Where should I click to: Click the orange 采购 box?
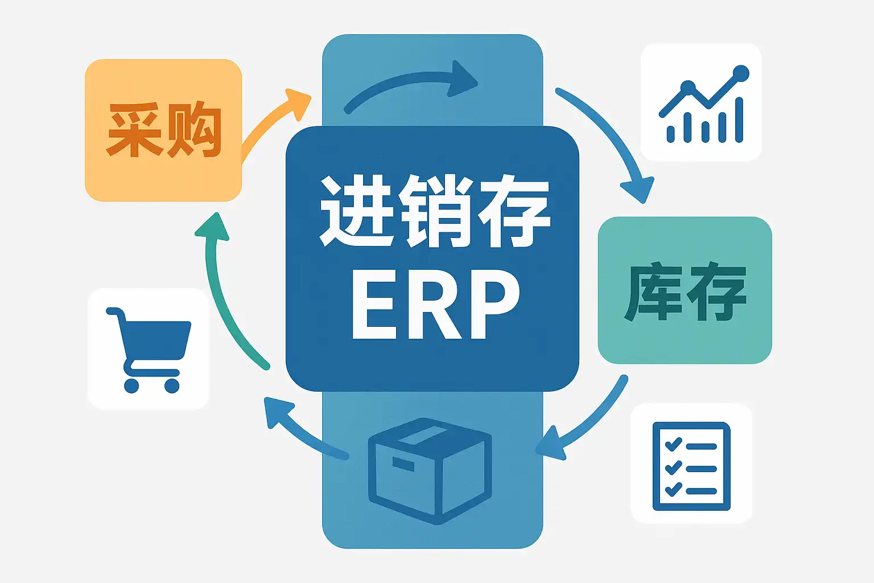(163, 130)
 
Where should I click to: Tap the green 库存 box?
(685, 290)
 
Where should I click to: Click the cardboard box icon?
(430, 470)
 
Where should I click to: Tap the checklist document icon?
(691, 466)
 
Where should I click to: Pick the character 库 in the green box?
(654, 291)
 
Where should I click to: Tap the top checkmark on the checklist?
(674, 444)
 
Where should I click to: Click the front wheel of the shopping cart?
(171, 385)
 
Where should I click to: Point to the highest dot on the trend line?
(741, 73)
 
